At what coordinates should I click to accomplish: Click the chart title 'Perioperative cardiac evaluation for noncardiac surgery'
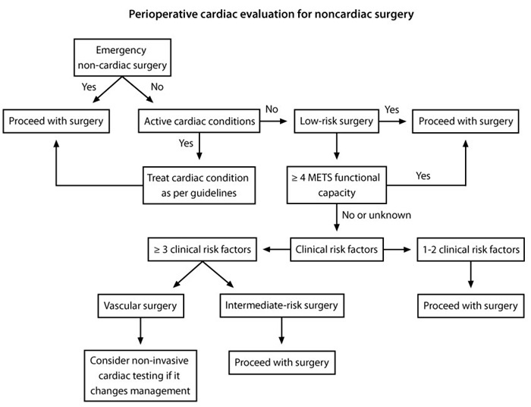click(265, 14)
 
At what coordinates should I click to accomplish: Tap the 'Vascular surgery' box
click(141, 306)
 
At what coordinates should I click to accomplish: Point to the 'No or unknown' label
click(377, 215)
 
